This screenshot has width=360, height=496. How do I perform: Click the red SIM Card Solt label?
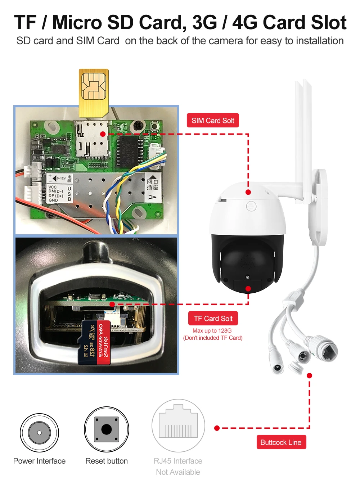(x=213, y=121)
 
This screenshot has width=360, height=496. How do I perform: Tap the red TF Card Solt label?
(x=213, y=319)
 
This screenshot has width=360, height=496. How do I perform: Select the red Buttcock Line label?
(x=281, y=442)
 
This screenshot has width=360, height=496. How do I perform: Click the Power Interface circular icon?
(x=39, y=432)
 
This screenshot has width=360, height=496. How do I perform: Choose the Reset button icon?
(x=107, y=429)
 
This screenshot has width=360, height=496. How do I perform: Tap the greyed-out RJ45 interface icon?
(x=178, y=426)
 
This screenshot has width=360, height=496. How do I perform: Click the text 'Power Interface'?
(x=39, y=461)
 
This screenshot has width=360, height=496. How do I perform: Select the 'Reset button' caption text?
(x=107, y=461)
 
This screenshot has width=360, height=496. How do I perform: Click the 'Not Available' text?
(x=178, y=472)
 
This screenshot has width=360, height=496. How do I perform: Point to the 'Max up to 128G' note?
(x=212, y=330)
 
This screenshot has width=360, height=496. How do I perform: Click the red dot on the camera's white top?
(x=248, y=192)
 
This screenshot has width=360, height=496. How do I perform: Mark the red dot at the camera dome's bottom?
(x=248, y=289)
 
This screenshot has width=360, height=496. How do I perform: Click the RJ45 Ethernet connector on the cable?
(x=324, y=348)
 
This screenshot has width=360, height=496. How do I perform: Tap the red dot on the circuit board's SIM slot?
(x=103, y=134)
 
